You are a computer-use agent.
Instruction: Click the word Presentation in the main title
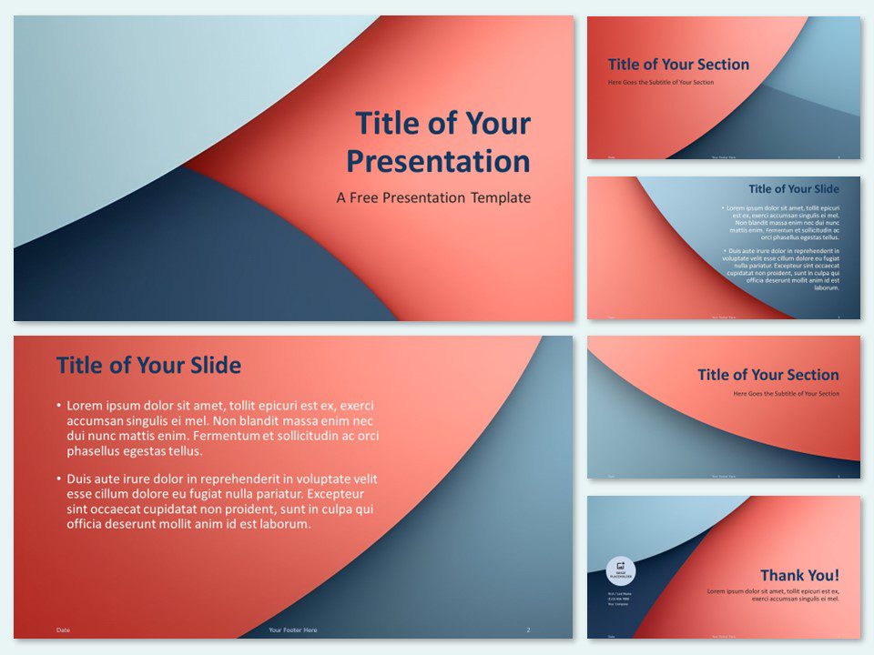438,162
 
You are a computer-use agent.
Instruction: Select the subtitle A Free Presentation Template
433,197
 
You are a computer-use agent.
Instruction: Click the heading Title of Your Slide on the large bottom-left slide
148,366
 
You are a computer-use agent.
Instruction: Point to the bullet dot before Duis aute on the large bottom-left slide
59,479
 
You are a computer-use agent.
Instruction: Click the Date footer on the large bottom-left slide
63,630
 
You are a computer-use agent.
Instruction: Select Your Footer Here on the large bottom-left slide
293,630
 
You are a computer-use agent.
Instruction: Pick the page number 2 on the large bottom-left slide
528,630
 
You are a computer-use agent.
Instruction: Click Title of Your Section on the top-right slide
678,65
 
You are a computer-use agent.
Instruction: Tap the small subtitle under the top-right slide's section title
661,83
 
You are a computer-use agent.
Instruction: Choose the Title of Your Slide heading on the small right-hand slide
794,189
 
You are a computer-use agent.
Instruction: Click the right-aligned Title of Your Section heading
768,375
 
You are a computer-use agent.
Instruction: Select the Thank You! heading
800,575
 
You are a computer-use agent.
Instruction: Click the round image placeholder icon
621,570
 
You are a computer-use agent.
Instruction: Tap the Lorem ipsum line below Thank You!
773,595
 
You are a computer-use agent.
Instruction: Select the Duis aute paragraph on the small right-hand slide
781,268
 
